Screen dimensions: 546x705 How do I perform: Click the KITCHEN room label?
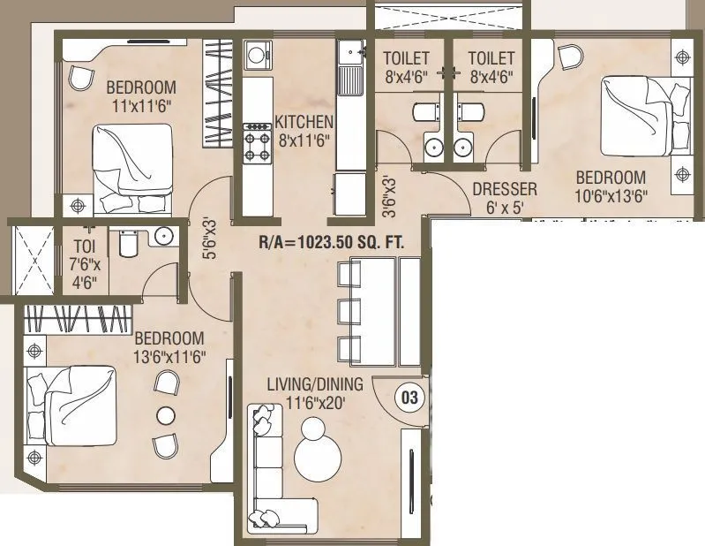click(304, 121)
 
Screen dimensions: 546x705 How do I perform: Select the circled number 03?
click(409, 398)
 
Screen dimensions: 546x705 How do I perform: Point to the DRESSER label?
click(504, 189)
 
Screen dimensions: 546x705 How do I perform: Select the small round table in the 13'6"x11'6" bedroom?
click(165, 414)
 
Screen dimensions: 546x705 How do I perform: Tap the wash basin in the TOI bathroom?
click(161, 236)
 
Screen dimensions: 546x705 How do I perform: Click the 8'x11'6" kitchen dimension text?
click(304, 139)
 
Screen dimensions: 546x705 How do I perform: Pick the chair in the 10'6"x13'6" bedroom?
click(571, 57)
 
